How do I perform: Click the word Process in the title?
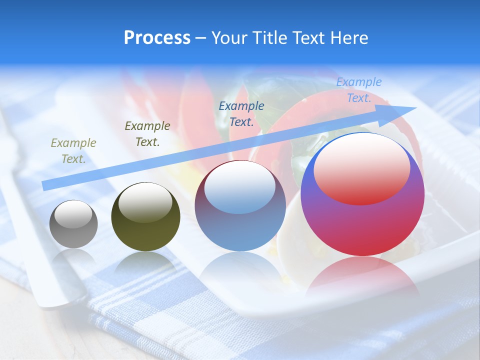(157, 38)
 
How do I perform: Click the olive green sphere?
(145, 235)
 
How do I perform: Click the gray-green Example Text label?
(73, 150)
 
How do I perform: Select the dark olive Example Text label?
(147, 133)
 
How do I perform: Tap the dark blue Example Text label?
(241, 113)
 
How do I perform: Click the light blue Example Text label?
(359, 90)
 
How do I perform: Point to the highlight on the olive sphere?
(145, 202)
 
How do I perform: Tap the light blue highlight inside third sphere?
(240, 188)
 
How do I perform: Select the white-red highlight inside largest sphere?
(362, 170)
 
